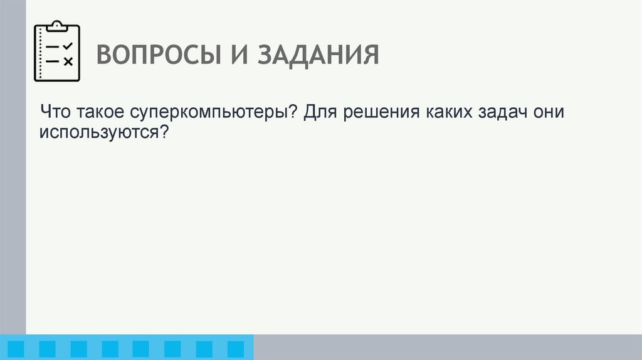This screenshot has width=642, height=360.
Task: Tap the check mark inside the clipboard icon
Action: tap(68, 46)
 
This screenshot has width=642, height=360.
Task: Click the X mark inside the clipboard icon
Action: tap(68, 61)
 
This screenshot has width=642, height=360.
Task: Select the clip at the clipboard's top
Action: tap(57, 26)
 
